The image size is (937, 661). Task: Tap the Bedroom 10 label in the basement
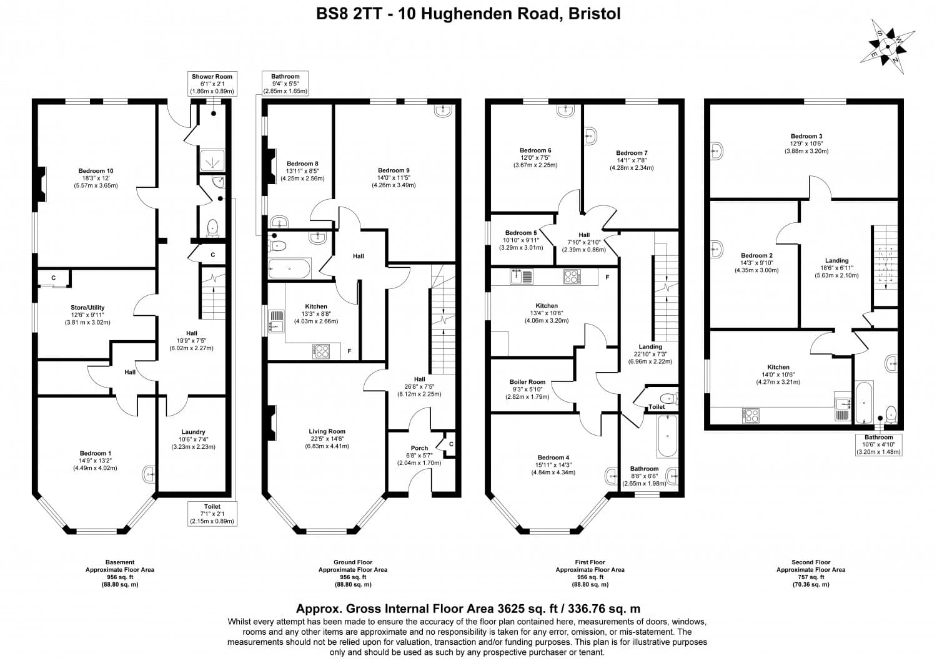click(x=96, y=178)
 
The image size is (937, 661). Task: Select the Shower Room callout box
click(x=212, y=84)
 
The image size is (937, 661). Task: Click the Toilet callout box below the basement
click(x=212, y=514)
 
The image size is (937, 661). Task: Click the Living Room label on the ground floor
click(x=327, y=439)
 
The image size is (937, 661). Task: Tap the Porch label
click(x=419, y=455)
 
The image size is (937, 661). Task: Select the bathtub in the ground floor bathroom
click(x=289, y=268)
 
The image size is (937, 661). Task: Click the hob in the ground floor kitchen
click(x=321, y=351)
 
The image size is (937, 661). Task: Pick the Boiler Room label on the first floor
click(x=527, y=389)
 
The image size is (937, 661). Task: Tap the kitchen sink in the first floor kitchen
click(x=520, y=276)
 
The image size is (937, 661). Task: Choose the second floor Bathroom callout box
click(x=878, y=444)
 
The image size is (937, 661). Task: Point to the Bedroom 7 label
click(x=632, y=160)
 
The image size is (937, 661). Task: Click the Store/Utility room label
click(x=87, y=315)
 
